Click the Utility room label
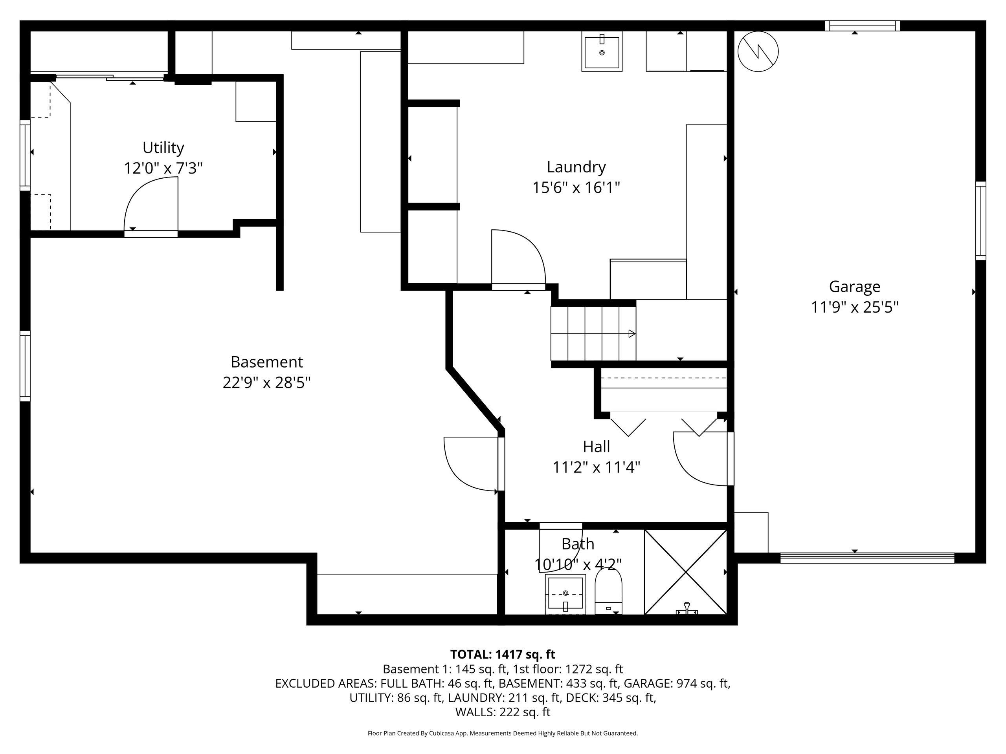tap(163, 148)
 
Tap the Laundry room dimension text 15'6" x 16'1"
tap(576, 187)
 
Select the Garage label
tap(855, 287)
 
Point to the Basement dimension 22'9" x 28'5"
tap(266, 382)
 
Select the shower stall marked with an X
tap(685, 572)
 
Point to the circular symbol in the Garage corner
tap(758, 51)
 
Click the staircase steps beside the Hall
tap(593, 333)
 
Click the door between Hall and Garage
tap(703, 458)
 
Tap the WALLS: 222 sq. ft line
tap(503, 712)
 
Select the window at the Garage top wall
tap(862, 26)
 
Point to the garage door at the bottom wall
tap(867, 558)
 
